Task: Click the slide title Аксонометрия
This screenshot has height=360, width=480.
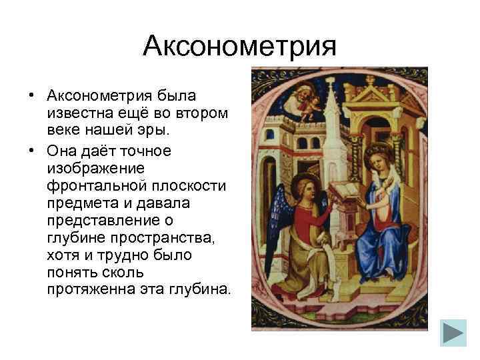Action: coord(240,47)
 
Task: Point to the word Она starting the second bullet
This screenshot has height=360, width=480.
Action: coord(65,151)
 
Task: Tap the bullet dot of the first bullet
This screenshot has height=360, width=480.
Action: coord(31,97)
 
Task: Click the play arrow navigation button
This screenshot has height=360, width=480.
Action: coord(454,333)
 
